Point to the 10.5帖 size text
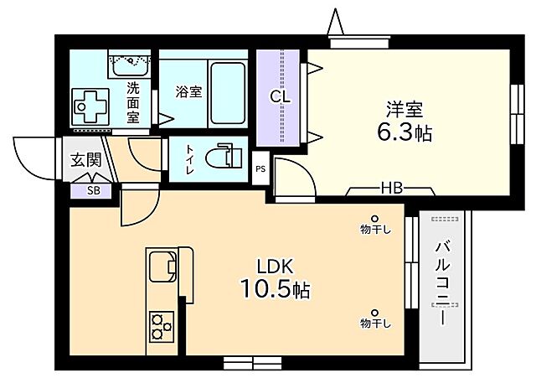tap(276, 291)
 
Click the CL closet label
tap(280, 96)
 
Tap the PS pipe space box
tap(260, 167)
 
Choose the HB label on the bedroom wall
tap(391, 187)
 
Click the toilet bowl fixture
tap(222, 158)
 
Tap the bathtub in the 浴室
tap(227, 92)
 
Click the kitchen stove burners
tap(161, 325)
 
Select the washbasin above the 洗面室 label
tap(130, 62)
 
